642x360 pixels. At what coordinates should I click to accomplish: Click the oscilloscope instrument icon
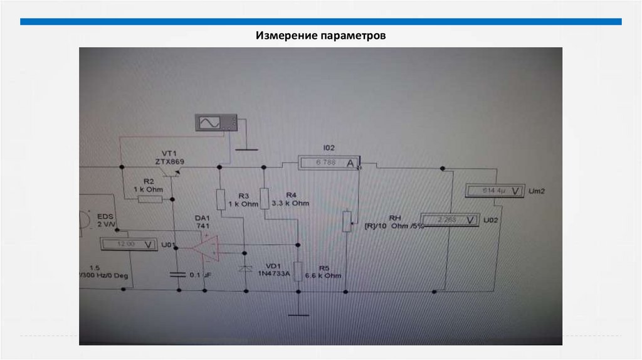click(x=216, y=122)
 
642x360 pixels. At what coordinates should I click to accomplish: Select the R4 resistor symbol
click(x=265, y=199)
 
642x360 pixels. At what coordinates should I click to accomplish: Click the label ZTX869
click(x=170, y=161)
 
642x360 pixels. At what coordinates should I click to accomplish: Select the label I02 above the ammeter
click(x=329, y=148)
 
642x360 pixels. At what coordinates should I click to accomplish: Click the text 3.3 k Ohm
click(x=291, y=204)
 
